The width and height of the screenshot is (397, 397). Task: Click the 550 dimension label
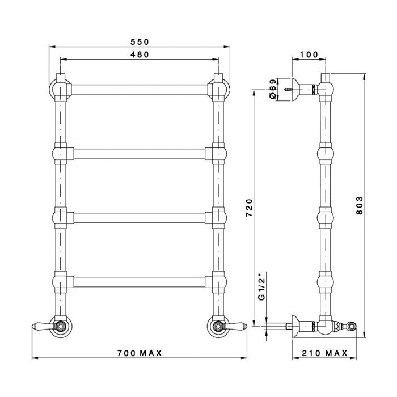click(x=140, y=42)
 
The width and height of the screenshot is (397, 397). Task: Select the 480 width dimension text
click(x=140, y=54)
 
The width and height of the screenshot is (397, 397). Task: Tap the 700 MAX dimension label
click(x=140, y=353)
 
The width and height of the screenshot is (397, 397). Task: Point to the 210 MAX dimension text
click(x=325, y=353)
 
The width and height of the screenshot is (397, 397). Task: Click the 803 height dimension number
click(x=360, y=205)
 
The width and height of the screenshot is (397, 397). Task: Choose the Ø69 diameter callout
click(x=272, y=90)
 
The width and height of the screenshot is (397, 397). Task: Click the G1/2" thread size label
click(x=261, y=286)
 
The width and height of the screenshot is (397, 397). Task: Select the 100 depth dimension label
click(x=309, y=54)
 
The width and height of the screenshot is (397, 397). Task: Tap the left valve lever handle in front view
click(x=43, y=326)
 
